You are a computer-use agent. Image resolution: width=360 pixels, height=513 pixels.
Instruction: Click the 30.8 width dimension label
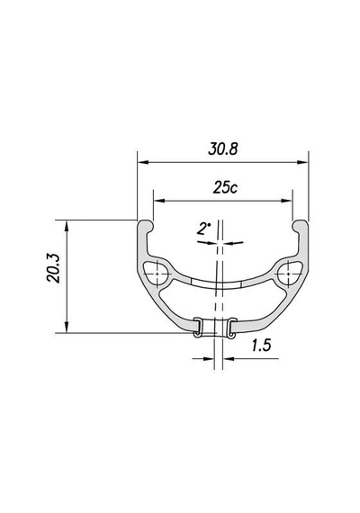click(x=223, y=149)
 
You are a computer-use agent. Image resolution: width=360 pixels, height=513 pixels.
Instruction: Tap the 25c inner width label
click(x=225, y=188)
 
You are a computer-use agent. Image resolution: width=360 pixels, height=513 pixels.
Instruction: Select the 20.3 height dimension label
click(x=53, y=267)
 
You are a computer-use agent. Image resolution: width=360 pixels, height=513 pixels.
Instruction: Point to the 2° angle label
click(x=202, y=229)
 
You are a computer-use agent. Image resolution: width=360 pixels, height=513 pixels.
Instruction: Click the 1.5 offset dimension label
click(x=262, y=346)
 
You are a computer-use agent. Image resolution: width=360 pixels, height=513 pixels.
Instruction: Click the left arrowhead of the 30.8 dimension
click(x=143, y=162)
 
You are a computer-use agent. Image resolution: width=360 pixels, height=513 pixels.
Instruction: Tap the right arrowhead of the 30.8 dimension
click(x=302, y=162)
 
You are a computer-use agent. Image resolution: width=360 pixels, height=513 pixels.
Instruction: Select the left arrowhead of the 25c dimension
click(x=159, y=201)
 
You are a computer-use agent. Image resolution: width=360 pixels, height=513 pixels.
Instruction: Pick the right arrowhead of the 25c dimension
click(x=286, y=201)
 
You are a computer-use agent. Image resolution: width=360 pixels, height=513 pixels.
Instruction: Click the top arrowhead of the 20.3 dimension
click(x=67, y=226)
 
